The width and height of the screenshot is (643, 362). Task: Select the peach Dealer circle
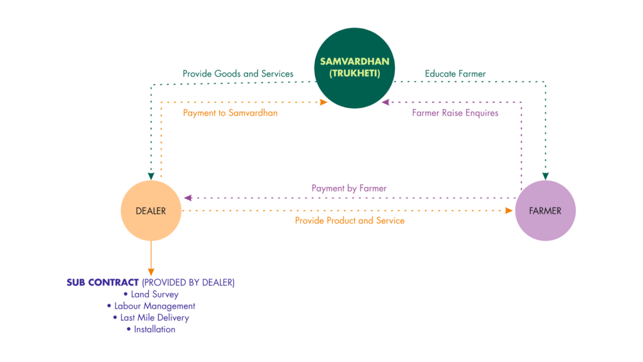click(x=151, y=211)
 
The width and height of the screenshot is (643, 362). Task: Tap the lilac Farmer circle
click(x=545, y=211)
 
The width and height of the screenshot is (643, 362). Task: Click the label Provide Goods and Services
click(x=238, y=74)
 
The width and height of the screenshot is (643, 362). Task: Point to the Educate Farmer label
click(x=455, y=74)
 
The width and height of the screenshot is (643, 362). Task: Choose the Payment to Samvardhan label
click(x=230, y=114)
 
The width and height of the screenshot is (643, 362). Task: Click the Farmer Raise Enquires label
click(x=455, y=114)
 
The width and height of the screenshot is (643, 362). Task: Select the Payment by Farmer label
click(x=349, y=188)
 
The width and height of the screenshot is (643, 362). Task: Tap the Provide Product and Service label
click(x=350, y=221)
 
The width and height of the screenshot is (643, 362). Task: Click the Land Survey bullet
click(x=151, y=294)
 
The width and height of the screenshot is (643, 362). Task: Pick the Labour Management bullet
click(x=151, y=306)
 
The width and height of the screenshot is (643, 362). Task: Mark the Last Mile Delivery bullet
click(x=151, y=317)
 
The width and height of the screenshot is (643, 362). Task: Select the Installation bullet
click(x=151, y=329)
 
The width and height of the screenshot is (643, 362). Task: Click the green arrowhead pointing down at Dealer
click(x=151, y=175)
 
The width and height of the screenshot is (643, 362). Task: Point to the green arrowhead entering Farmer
click(x=545, y=175)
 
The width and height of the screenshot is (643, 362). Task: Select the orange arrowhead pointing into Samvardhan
click(x=324, y=102)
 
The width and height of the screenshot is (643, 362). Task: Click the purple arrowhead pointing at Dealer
click(x=186, y=198)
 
